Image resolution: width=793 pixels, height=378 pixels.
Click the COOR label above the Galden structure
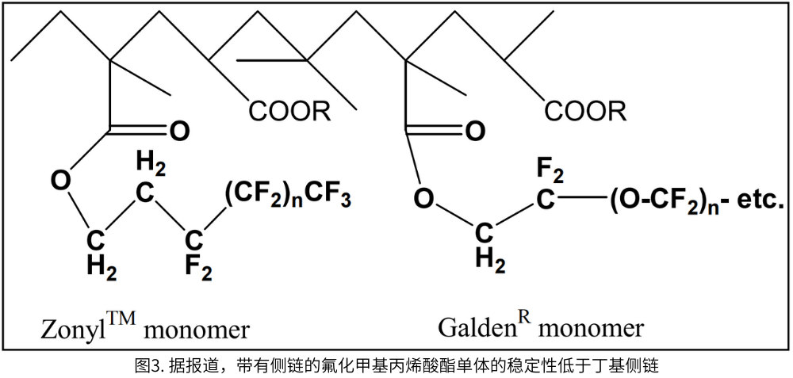[584, 110]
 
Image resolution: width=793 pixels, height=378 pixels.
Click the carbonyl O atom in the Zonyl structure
[179, 131]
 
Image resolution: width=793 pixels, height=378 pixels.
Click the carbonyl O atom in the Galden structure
[474, 131]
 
